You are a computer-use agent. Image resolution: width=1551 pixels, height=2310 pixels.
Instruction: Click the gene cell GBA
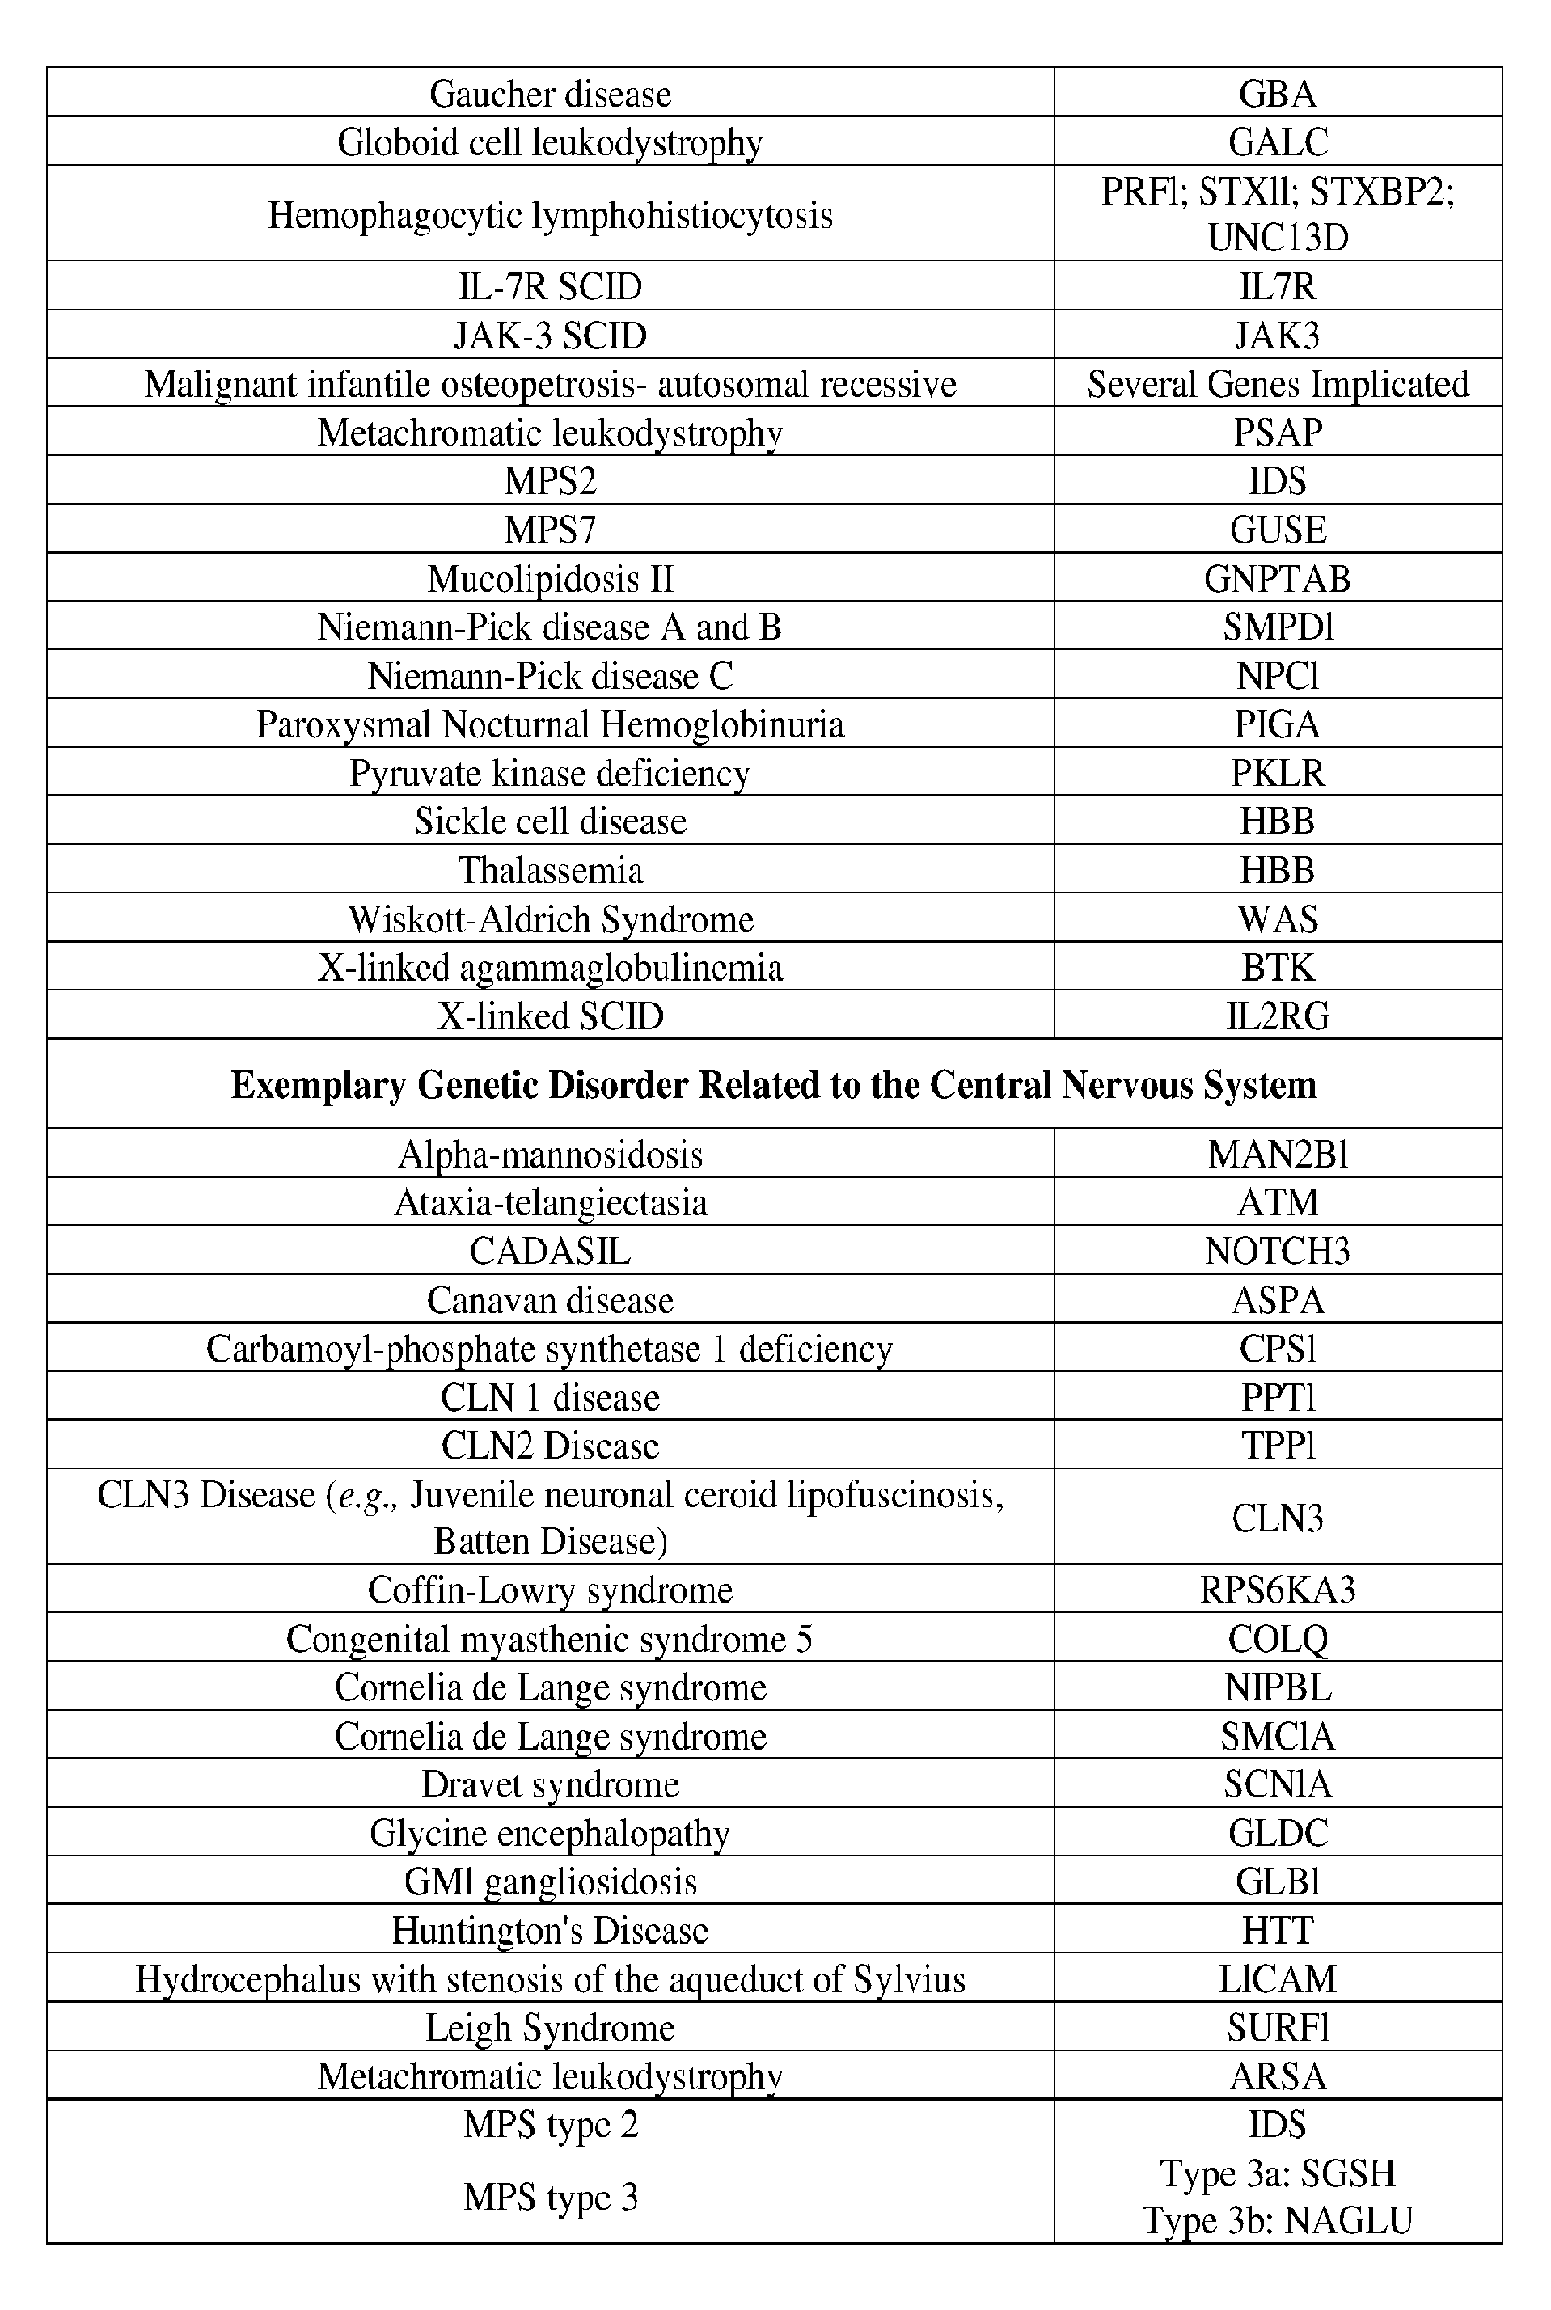(1277, 94)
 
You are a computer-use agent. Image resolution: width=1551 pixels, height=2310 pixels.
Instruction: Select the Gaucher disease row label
(550, 94)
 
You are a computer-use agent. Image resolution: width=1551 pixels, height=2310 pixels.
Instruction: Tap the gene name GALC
(1277, 142)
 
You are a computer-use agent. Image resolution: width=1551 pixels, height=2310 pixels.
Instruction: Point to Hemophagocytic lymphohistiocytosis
(550, 214)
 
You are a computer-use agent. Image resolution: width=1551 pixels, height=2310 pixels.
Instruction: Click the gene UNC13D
(1277, 239)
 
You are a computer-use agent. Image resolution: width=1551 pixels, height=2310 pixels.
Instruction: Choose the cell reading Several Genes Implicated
(1277, 384)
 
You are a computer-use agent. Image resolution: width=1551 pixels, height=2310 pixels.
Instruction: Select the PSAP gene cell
(1277, 432)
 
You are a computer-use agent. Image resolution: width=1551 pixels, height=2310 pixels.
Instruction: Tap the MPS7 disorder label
(550, 529)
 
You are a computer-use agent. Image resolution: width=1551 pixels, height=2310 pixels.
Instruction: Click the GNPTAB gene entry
(1277, 578)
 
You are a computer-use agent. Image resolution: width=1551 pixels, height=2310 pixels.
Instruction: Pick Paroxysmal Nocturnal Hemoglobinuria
(550, 724)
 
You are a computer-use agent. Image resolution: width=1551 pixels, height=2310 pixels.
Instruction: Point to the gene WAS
(1277, 919)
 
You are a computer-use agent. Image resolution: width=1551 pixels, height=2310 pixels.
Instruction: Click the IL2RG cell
(1277, 1016)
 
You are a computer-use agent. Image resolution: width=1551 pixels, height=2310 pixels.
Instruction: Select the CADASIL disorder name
(550, 1251)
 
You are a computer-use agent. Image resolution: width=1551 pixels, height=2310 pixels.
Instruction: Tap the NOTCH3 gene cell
(1277, 1251)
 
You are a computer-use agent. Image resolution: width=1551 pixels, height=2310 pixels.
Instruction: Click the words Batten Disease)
(550, 1540)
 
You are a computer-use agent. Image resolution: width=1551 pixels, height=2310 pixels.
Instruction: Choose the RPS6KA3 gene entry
(1277, 1589)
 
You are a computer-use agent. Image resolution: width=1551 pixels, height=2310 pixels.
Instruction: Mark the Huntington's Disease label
(550, 1929)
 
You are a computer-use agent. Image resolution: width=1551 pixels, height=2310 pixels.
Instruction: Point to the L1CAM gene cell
(1277, 1978)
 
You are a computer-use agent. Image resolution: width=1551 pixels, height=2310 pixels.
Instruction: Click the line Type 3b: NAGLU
(1277, 2221)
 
